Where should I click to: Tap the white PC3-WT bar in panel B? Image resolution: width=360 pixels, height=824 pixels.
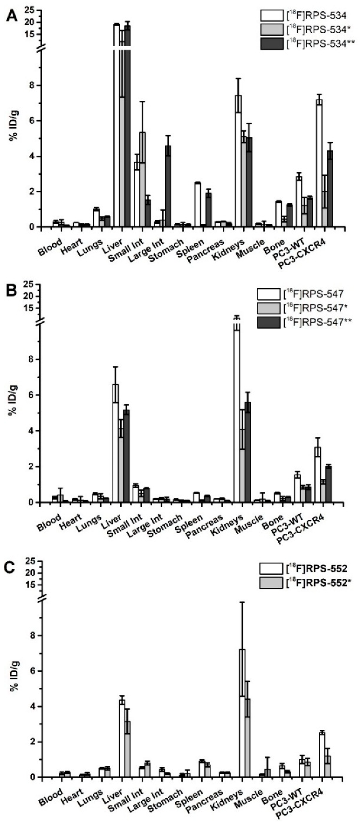coord(297,488)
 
